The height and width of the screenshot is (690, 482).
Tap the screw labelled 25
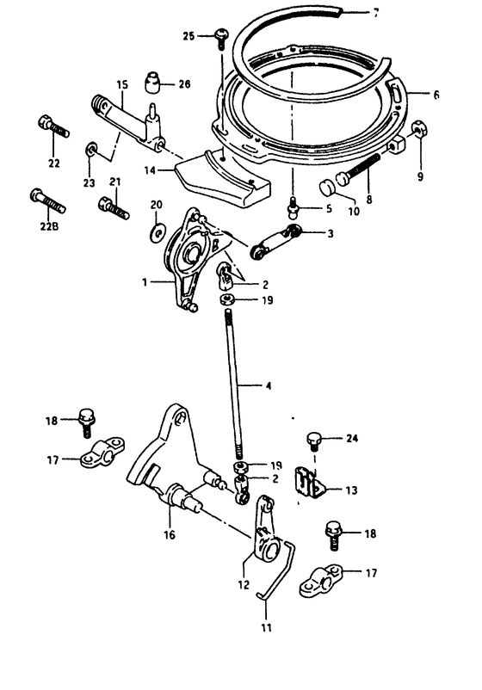coord(221,38)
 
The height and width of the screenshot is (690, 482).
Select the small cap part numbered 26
coord(152,83)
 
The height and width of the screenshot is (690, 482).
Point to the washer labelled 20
coord(157,231)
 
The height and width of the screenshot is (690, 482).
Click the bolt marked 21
coord(114,208)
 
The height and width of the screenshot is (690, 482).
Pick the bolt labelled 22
coord(53,126)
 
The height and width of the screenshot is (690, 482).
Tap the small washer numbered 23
coord(90,150)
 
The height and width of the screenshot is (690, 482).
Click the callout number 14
coord(150,170)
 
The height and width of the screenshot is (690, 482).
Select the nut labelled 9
coord(419,130)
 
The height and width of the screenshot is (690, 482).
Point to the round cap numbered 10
coord(327,188)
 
